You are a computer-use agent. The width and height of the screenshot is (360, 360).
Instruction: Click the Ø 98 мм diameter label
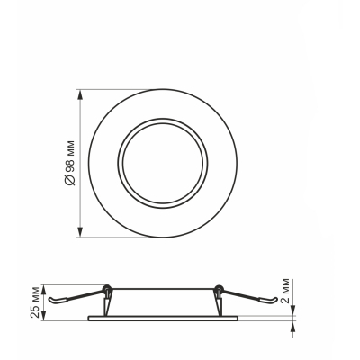pos(70,163)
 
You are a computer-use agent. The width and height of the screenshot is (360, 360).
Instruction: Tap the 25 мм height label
pos(35,300)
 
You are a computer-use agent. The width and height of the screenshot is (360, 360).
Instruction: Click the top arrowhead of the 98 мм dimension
pos(81,92)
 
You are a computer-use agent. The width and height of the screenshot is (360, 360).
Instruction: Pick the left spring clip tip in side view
pos(51,300)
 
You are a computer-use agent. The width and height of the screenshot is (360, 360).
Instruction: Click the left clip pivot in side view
pos(107,289)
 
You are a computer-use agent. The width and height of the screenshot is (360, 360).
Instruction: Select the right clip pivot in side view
pos(217,289)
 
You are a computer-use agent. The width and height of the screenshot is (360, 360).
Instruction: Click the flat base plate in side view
pos(162,317)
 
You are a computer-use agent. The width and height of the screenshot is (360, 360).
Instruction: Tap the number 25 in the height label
pos(35,309)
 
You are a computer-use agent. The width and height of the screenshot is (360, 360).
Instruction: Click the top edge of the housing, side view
pos(162,288)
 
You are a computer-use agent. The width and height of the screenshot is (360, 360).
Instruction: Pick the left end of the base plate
pos(88,317)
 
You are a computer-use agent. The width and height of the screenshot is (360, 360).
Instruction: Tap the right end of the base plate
pos(237,317)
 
